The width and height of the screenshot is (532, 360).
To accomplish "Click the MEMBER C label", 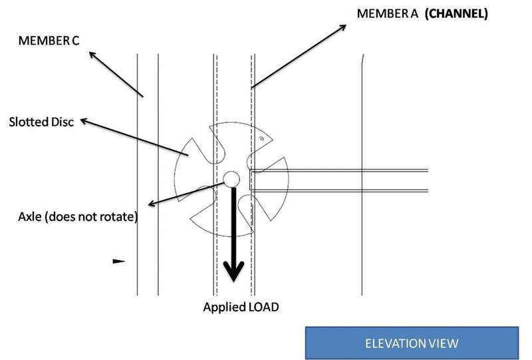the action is (49, 41).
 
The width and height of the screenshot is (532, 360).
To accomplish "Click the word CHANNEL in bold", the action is (456, 13).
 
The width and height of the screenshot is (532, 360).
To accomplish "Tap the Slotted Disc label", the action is (41, 122).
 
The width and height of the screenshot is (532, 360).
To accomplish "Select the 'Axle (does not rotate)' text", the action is (78, 217).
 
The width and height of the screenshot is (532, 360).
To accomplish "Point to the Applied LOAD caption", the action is (241, 307).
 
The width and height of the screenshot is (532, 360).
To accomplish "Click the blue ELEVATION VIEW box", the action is (412, 343).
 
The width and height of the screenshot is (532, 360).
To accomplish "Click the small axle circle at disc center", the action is (231, 179).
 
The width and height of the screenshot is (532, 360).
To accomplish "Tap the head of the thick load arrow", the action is (233, 271).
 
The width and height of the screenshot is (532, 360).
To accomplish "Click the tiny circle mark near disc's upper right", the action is (261, 138).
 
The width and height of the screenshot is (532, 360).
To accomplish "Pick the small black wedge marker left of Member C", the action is (119, 261).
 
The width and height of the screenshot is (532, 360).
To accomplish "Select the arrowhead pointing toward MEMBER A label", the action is (342, 27).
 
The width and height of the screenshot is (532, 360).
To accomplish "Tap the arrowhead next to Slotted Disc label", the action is (84, 120).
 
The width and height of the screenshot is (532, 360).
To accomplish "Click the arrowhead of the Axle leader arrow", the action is (152, 204).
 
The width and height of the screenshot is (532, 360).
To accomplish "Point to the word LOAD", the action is (263, 307).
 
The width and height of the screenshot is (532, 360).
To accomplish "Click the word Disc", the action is (62, 122).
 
